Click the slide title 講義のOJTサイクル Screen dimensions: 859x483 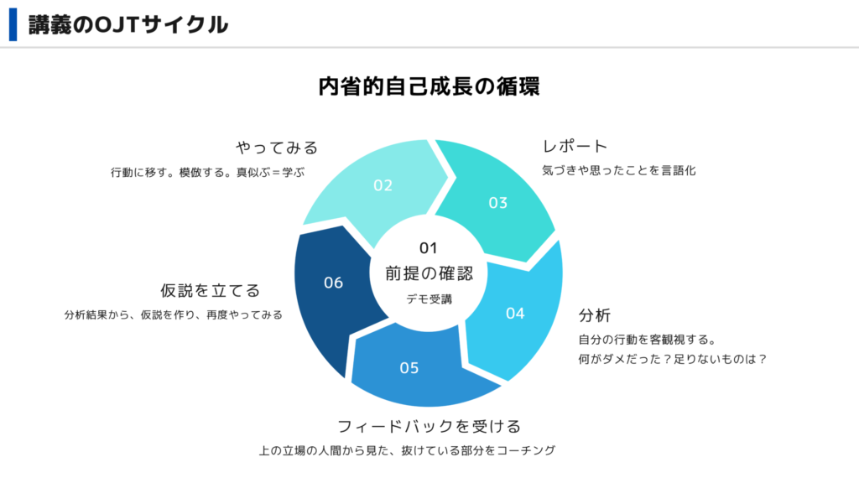(x=128, y=24)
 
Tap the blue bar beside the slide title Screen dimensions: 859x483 (x=13, y=24)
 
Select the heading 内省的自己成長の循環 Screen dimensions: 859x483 (x=429, y=86)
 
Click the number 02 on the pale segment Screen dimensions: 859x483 (x=383, y=185)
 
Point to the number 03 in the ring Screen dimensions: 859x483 (x=498, y=203)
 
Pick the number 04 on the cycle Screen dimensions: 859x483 (x=515, y=314)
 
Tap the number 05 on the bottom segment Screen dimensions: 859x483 (x=409, y=368)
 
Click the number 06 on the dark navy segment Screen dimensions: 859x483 (x=333, y=283)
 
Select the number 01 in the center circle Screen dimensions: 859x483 (x=428, y=248)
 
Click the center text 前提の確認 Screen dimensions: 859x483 (x=429, y=273)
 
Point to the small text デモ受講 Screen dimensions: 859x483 (x=429, y=299)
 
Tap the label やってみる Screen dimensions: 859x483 (x=277, y=148)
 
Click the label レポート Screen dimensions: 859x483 (x=575, y=146)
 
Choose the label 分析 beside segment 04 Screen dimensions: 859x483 (x=595, y=315)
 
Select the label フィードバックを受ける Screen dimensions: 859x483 (x=429, y=426)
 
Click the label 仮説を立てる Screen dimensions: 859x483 (x=210, y=290)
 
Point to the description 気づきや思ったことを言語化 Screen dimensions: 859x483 (x=619, y=170)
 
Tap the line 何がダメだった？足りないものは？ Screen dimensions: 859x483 (x=672, y=359)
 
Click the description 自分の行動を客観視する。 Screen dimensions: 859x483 (x=648, y=340)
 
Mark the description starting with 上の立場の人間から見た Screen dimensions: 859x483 (x=407, y=450)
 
